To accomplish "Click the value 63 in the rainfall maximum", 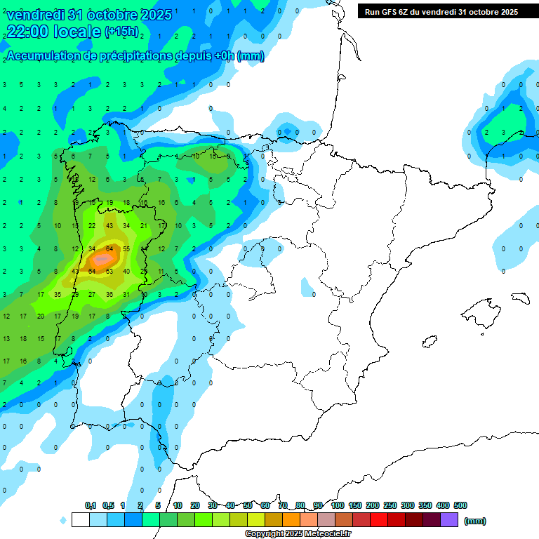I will pyautogui.click(x=109, y=271).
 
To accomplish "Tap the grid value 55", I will pyautogui.click(x=126, y=248).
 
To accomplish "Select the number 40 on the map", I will pyautogui.click(x=126, y=271).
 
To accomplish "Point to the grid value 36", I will pyautogui.click(x=109, y=294).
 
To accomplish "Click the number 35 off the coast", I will pyautogui.click(x=58, y=294).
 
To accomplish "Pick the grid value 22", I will pyautogui.click(x=92, y=225).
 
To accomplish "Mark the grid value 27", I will pyautogui.click(x=92, y=294).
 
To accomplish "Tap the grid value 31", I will pyautogui.click(x=126, y=294).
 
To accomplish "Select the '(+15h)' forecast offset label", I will pyautogui.click(x=121, y=32).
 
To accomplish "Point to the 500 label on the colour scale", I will pyautogui.click(x=460, y=505).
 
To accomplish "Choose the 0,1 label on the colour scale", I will pyautogui.click(x=91, y=505).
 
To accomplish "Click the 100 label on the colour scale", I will pyautogui.click(x=338, y=505).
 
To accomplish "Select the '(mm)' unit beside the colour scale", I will pyautogui.click(x=475, y=521).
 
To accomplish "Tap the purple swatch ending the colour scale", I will pyautogui.click(x=449, y=520).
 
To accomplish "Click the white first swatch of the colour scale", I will pyautogui.click(x=80, y=520).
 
